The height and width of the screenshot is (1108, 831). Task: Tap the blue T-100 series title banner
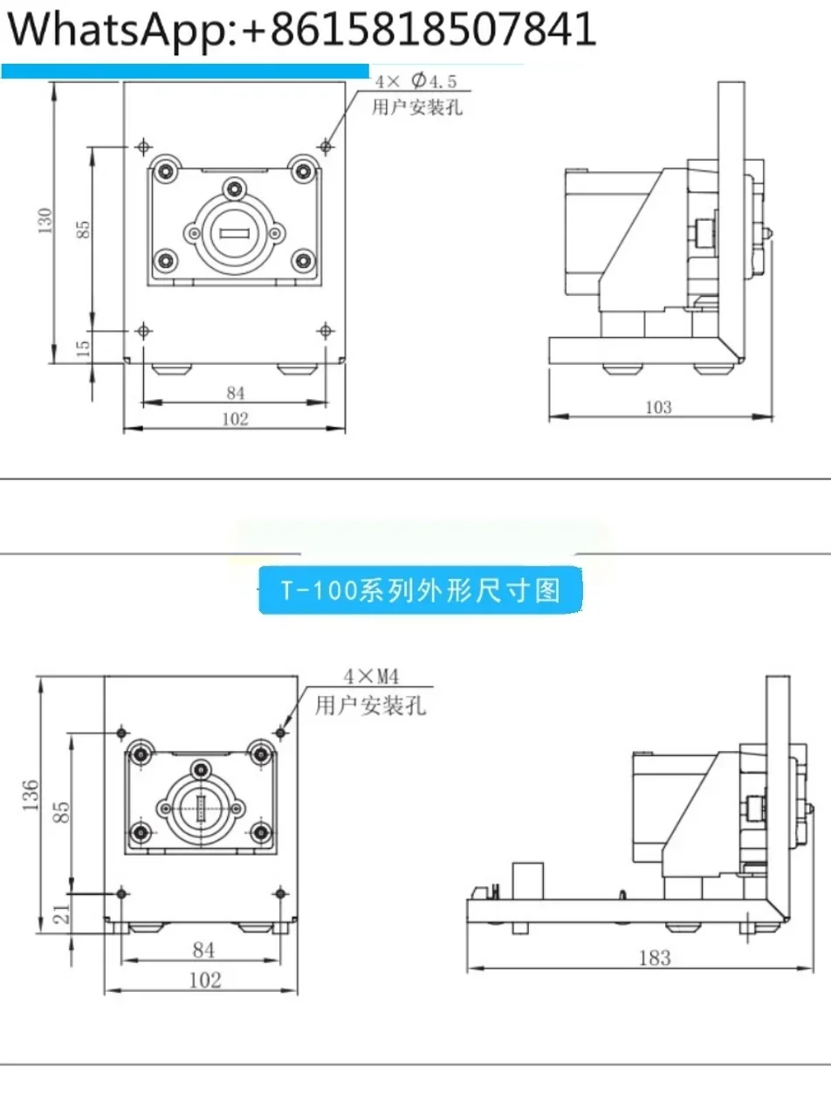coord(420,589)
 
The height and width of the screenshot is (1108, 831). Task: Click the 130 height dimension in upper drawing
coord(45,221)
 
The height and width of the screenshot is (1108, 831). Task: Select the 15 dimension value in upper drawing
coord(83,348)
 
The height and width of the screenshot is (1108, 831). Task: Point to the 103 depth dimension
coord(658,407)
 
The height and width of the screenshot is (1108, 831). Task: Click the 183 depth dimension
coord(655,958)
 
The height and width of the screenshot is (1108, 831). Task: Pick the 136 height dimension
coord(31,795)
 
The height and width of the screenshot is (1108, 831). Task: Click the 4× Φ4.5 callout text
coord(416,81)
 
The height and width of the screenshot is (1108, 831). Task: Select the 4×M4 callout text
coord(371,677)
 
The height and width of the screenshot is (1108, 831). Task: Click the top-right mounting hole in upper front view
coord(326,147)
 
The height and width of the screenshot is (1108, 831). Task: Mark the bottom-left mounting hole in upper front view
coord(144,331)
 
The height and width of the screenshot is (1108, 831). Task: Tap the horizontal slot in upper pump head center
coord(234,233)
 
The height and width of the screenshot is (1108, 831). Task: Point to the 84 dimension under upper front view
coord(235,393)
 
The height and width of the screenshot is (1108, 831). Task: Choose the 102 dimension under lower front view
coord(205,980)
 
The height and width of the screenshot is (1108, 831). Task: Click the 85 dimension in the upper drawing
coord(83,230)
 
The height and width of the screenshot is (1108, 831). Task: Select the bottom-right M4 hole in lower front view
coord(280,893)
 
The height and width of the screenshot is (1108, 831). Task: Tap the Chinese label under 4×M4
coord(370,705)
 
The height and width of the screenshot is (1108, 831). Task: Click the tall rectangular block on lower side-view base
coord(528,881)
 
